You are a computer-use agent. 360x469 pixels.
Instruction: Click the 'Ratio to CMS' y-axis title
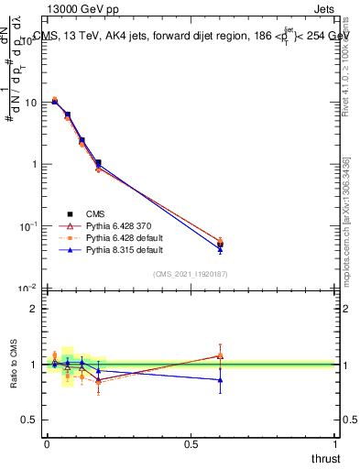click(13, 365)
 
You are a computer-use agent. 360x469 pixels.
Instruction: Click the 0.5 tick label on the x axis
click(191, 443)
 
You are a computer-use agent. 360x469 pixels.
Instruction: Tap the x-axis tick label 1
click(335, 443)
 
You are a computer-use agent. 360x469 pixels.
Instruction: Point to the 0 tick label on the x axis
click(47, 443)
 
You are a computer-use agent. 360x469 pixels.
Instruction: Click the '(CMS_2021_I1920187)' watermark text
click(191, 274)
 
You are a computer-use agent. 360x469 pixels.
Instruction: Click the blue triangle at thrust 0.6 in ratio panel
click(220, 379)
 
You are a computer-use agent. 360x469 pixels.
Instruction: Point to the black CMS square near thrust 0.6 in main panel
click(220, 244)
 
